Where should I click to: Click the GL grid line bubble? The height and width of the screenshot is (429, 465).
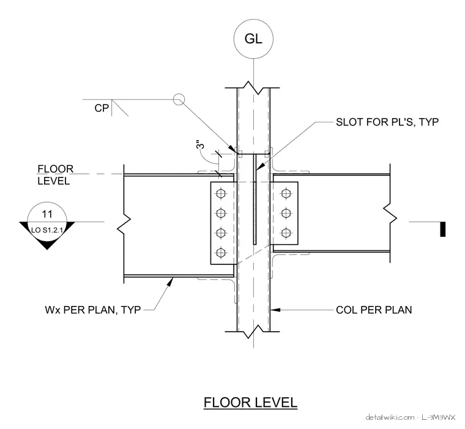point(253,39)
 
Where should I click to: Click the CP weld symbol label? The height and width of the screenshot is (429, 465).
point(102,108)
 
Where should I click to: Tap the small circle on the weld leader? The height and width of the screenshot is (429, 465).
point(179,99)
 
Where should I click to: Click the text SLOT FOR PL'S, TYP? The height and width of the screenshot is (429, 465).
point(387,122)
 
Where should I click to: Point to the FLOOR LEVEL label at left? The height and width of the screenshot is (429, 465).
point(55,175)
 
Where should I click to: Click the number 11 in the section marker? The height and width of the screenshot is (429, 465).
point(47,214)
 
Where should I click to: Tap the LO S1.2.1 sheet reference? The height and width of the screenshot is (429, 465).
point(47,230)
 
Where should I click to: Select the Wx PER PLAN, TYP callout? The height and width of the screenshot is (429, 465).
point(93,310)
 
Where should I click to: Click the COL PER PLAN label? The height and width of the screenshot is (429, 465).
point(374,310)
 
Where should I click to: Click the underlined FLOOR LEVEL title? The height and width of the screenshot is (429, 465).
point(250,403)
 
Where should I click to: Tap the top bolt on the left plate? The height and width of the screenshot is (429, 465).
point(221,193)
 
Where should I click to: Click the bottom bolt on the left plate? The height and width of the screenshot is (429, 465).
point(221,253)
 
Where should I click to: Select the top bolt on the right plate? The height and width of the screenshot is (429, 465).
point(286,193)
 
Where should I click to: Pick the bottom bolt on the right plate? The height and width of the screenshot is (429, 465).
point(286,233)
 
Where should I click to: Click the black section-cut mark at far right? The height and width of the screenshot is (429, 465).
point(442,229)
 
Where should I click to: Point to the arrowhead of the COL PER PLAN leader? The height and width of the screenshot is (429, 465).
point(275,310)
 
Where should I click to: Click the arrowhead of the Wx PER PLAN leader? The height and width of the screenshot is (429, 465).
point(170,282)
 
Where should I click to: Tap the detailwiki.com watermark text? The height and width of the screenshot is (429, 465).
point(390,417)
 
